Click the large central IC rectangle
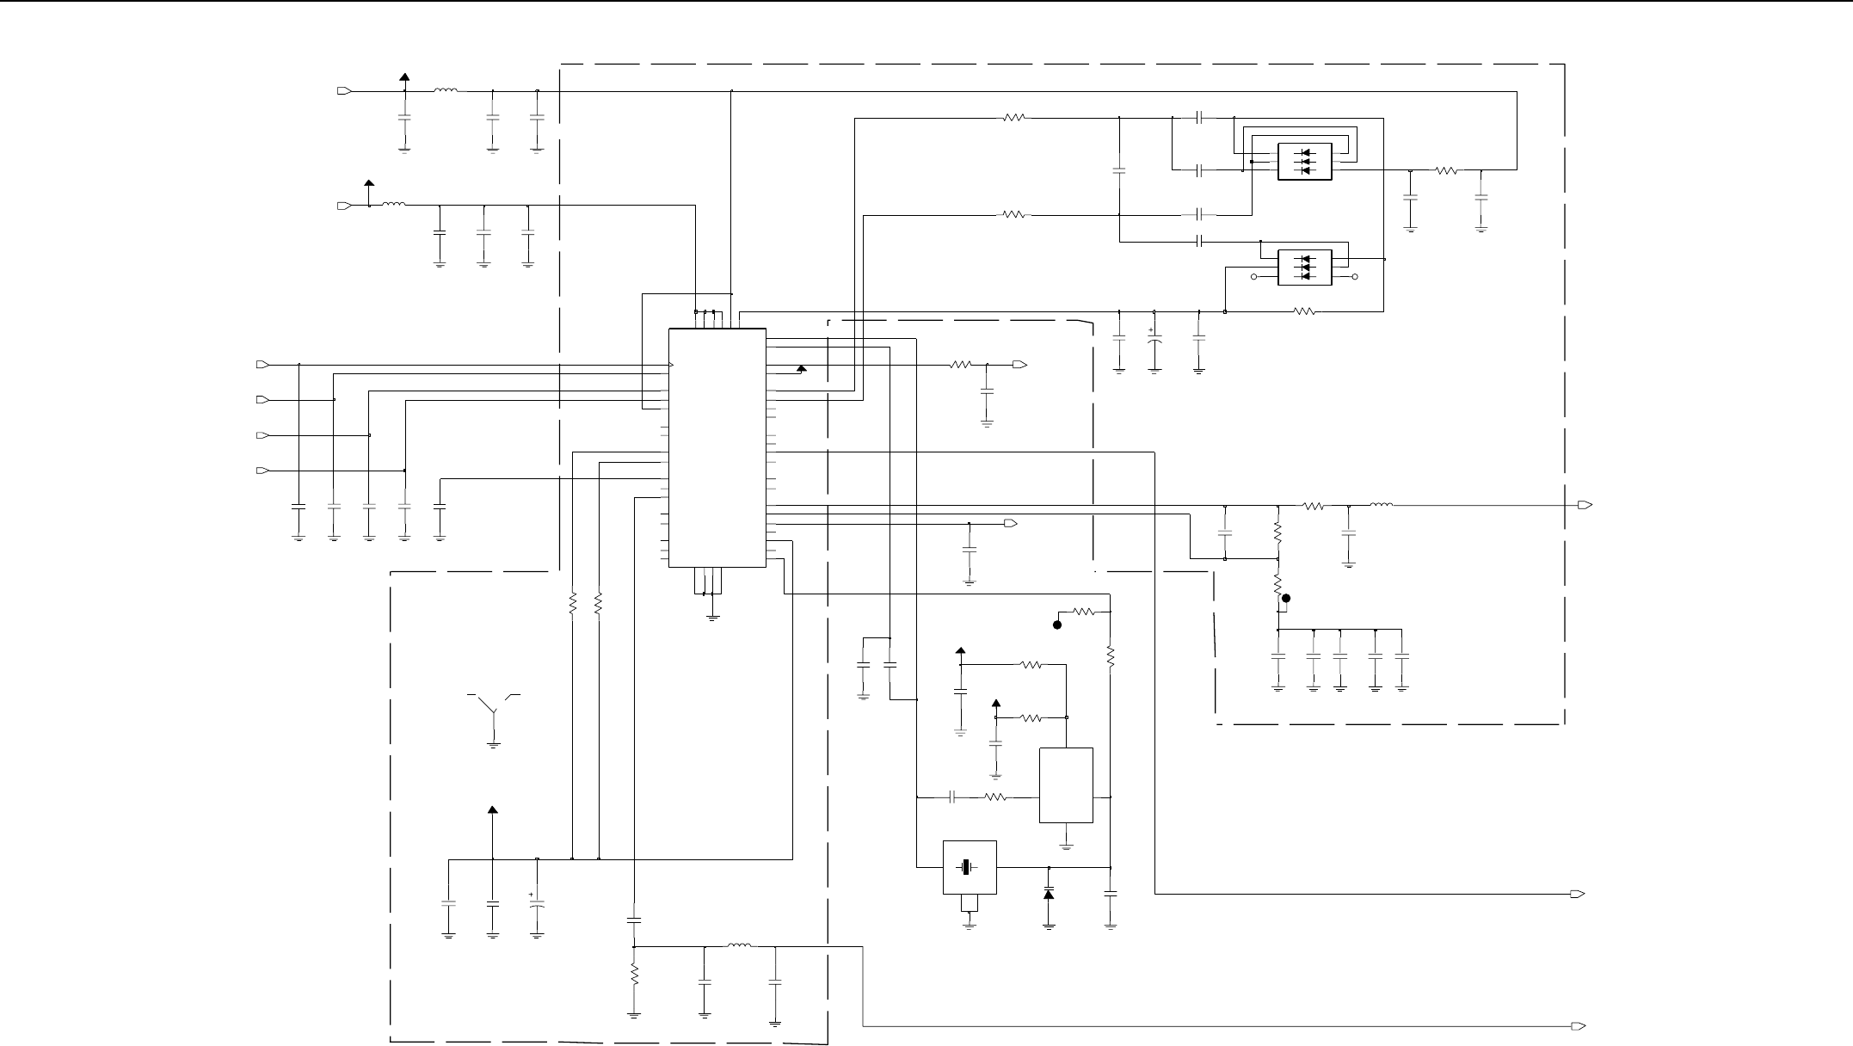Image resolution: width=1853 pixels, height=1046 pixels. point(717,447)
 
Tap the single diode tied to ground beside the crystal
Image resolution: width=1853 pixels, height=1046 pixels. point(1049,895)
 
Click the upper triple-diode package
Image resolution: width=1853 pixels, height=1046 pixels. point(1305,162)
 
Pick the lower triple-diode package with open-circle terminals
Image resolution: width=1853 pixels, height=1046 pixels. point(1305,268)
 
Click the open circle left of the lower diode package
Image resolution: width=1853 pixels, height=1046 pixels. point(1253,277)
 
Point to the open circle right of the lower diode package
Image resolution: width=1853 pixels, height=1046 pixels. point(1356,277)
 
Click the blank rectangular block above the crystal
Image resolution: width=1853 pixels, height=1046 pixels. point(1066,785)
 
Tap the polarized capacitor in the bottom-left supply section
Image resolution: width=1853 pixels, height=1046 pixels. point(537,904)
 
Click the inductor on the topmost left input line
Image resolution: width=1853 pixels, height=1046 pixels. point(446,90)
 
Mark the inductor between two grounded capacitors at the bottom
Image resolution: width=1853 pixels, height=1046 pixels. point(739,947)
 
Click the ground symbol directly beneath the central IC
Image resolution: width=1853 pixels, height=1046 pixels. point(712,617)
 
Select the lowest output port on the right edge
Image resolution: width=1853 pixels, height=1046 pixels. point(1578,1026)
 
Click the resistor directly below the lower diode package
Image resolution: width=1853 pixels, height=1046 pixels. point(1304,311)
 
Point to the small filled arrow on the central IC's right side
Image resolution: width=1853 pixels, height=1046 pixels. point(802,369)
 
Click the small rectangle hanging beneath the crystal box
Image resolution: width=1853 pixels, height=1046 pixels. point(970,902)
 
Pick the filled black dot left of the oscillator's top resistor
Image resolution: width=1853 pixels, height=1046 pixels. point(1058,625)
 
